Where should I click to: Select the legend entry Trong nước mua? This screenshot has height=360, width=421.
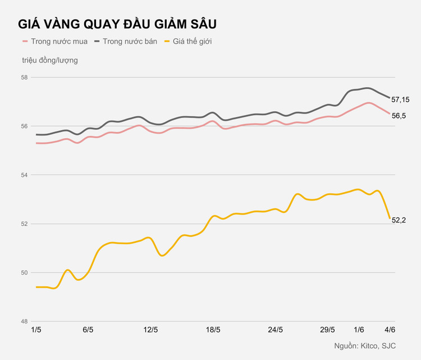pyautogui.click(x=55, y=42)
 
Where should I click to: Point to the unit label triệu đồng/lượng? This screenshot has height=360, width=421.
pyautogui.click(x=50, y=60)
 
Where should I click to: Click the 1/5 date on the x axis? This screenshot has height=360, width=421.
pyautogui.click(x=36, y=330)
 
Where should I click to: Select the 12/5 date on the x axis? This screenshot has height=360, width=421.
pyautogui.click(x=150, y=330)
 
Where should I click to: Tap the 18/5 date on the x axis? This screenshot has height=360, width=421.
pyautogui.click(x=213, y=330)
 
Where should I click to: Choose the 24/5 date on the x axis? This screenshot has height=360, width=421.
pyautogui.click(x=276, y=330)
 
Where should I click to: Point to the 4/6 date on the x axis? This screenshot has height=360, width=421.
pyautogui.click(x=389, y=330)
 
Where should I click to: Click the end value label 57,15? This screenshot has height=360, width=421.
pyautogui.click(x=400, y=99)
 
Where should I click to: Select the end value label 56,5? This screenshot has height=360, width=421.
pyautogui.click(x=399, y=115)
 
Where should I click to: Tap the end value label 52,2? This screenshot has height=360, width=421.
pyautogui.click(x=399, y=220)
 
